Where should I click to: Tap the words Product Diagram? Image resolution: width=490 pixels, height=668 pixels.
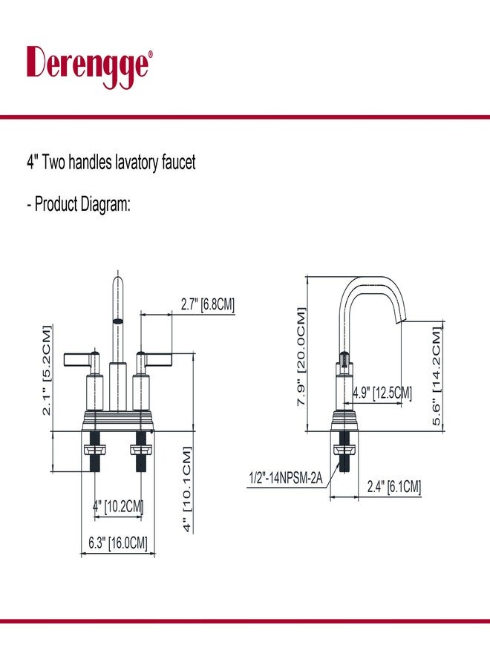pyautogui.click(x=82, y=204)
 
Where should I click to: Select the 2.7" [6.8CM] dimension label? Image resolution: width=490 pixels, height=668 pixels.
pyautogui.click(x=207, y=304)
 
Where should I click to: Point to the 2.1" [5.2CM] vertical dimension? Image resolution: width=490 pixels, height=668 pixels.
pyautogui.click(x=46, y=370)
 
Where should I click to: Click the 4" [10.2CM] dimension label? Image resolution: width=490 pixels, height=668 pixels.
pyautogui.click(x=118, y=506)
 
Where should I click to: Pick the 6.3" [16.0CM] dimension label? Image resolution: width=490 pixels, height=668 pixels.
pyautogui.click(x=117, y=543)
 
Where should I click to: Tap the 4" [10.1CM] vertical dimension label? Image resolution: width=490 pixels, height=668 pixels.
pyautogui.click(x=187, y=489)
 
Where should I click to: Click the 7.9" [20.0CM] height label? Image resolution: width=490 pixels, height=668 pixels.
pyautogui.click(x=301, y=356)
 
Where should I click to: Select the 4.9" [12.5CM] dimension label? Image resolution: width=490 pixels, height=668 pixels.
pyautogui.click(x=382, y=393)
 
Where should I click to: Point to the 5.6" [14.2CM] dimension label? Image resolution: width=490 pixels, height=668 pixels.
pyautogui.click(x=437, y=376)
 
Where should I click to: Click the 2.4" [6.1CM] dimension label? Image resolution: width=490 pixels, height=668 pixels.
pyautogui.click(x=394, y=486)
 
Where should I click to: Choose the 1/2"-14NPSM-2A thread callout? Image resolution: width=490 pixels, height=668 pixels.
pyautogui.click(x=286, y=478)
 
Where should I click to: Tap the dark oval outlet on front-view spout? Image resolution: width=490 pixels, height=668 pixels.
pyautogui.click(x=117, y=321)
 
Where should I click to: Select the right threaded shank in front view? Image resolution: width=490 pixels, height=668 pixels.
pyautogui.click(x=141, y=451)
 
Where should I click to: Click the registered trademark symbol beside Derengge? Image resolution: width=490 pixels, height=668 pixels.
pyautogui.click(x=150, y=53)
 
